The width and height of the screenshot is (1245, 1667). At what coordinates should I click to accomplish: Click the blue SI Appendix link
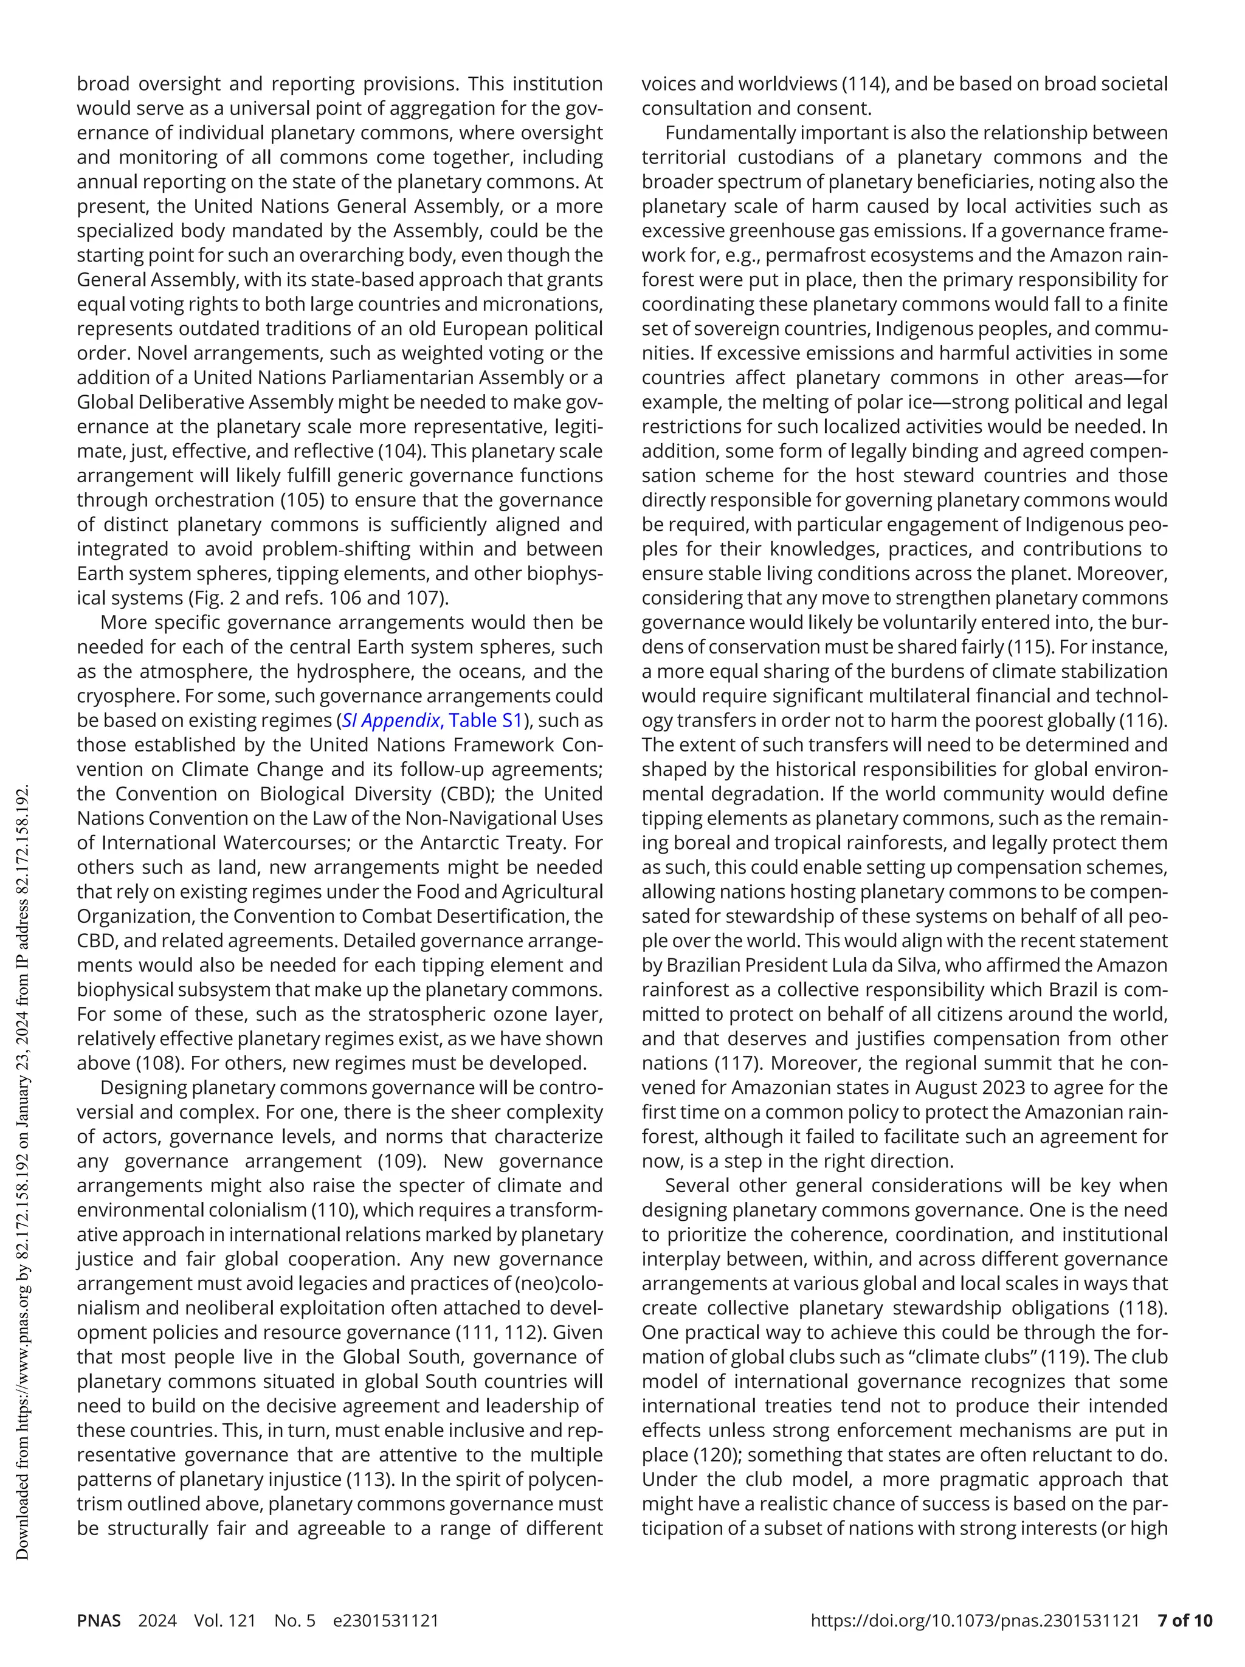[390, 720]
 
